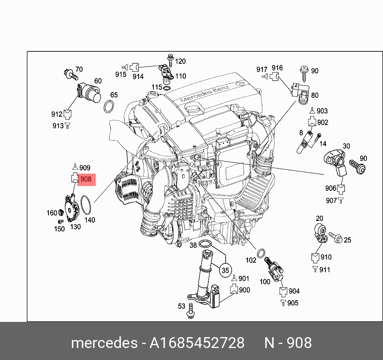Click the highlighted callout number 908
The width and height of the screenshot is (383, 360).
click(86, 179)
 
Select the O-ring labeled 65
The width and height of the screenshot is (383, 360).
click(109, 107)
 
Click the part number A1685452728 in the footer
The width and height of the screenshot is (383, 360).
click(197, 343)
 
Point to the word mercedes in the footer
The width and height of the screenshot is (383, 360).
click(104, 343)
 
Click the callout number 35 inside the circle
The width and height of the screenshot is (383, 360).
click(225, 271)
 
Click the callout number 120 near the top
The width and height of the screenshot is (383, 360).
click(180, 61)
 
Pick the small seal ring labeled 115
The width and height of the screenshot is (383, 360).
click(167, 87)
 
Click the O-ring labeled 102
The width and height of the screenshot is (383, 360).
click(260, 253)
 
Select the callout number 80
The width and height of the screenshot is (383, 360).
click(315, 95)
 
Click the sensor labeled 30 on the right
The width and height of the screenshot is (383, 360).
click(336, 160)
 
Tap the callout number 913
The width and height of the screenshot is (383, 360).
click(58, 126)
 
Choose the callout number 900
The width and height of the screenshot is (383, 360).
click(244, 290)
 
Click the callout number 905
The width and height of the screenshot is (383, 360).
click(293, 303)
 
